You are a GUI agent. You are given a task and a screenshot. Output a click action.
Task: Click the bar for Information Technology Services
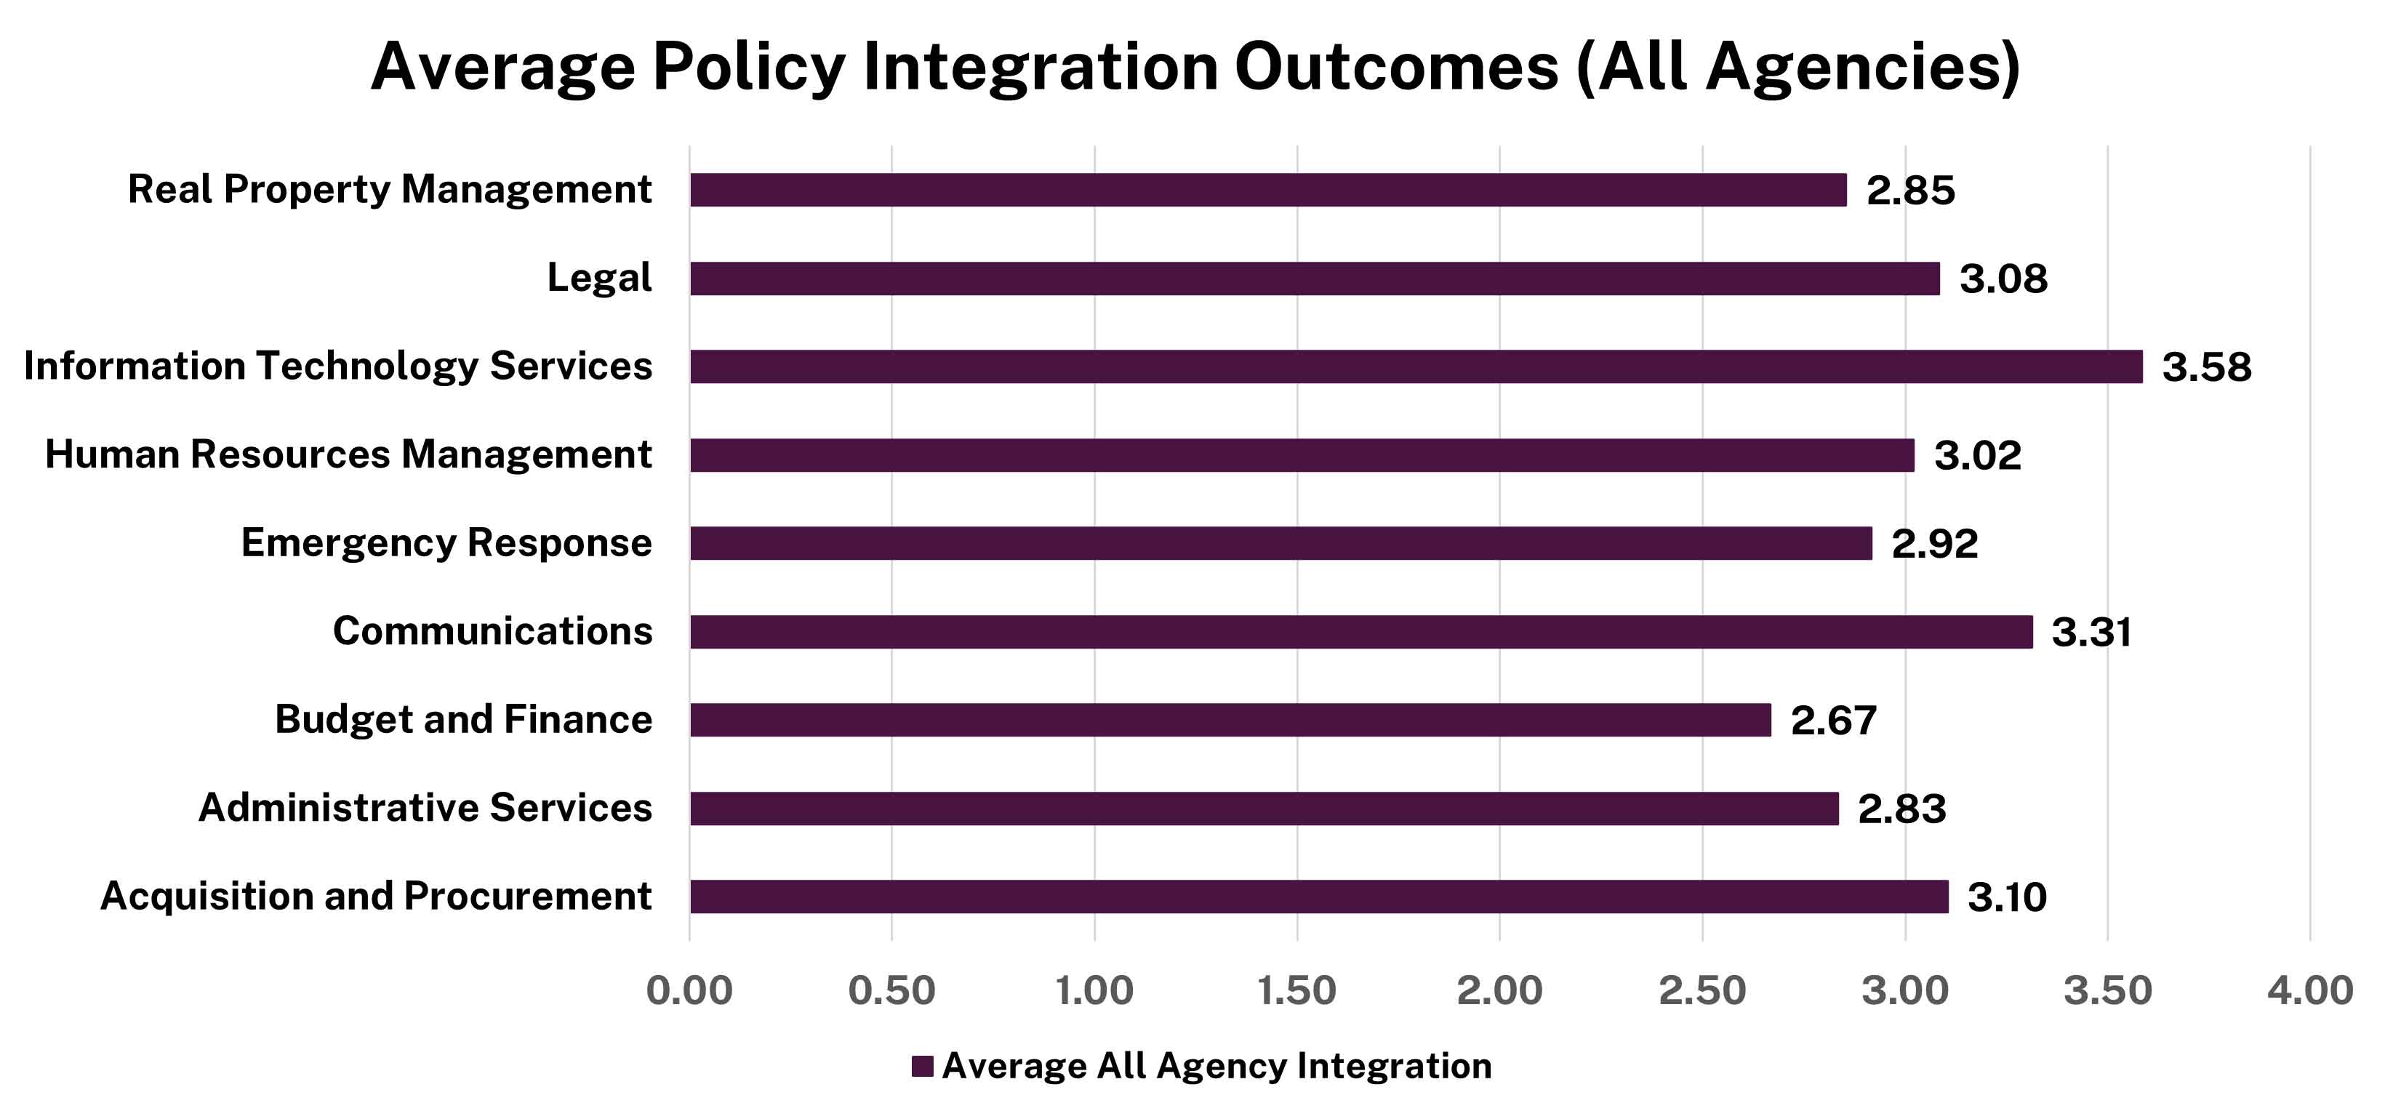[x=1416, y=366]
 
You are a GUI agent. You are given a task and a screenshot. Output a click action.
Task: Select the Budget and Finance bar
[x=1230, y=720]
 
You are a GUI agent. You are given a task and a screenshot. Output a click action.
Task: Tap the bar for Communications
[x=1361, y=631]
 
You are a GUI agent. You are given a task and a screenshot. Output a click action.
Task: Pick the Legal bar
[x=1315, y=278]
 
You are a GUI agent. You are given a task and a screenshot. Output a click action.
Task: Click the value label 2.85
[x=1911, y=190]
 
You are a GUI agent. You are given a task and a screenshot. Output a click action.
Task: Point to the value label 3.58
[x=2206, y=366]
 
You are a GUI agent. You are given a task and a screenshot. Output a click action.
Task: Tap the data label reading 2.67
[x=1834, y=721]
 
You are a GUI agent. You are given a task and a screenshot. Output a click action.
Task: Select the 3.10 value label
[x=2007, y=897]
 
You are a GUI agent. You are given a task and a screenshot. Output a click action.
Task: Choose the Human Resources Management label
[x=348, y=455]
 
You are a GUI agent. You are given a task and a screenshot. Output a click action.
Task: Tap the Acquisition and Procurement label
[x=375, y=896]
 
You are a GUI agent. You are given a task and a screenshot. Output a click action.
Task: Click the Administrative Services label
[x=425, y=808]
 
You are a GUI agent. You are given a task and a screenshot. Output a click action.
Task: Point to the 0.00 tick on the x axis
[x=689, y=991]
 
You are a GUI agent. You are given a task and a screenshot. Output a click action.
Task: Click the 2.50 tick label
[x=1701, y=991]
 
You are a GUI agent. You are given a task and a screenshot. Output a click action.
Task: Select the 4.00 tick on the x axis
[x=2309, y=991]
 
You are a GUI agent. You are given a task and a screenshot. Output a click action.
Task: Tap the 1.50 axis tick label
[x=1296, y=991]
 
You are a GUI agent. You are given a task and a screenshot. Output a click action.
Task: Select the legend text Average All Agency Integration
[x=1216, y=1066]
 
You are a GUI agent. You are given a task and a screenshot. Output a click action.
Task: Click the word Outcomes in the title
[x=1395, y=67]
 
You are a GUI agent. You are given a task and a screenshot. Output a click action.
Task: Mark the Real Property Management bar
[x=1268, y=190]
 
